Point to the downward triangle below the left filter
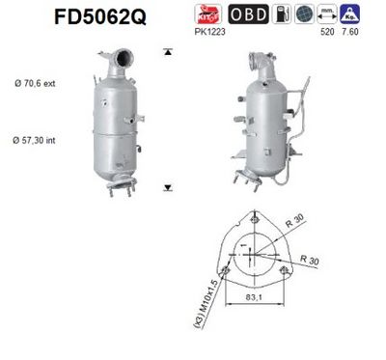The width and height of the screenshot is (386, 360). tap(169, 187)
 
